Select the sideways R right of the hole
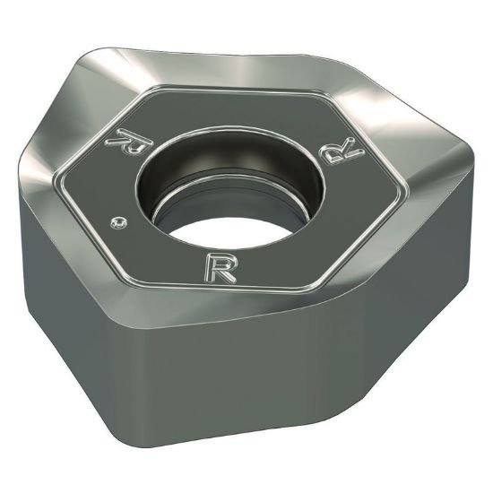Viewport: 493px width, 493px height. [349, 151]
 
